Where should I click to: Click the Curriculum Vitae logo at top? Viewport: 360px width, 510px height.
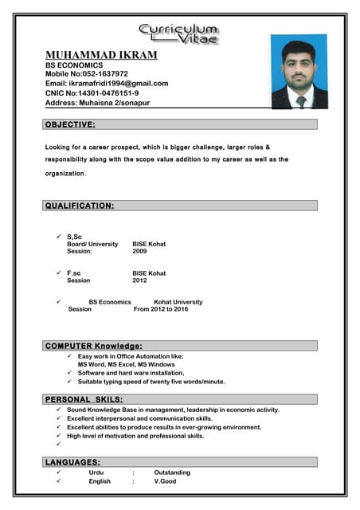[180, 33]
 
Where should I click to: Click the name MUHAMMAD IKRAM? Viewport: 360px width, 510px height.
[101, 55]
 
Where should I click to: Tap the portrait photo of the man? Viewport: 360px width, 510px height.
[299, 72]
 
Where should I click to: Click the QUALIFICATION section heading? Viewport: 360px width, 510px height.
[80, 206]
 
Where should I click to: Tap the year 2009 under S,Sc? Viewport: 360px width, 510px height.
[139, 251]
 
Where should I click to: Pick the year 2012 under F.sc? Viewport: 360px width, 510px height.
[139, 280]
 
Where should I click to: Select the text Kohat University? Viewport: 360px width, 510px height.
[178, 302]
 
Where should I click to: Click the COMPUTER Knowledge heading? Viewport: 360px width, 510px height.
[94, 346]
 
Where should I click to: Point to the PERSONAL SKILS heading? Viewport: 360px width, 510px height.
[84, 398]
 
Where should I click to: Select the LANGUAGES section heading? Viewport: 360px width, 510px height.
[72, 462]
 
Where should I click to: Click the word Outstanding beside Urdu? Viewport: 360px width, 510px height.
[172, 473]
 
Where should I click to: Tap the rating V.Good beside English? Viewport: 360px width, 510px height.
[165, 481]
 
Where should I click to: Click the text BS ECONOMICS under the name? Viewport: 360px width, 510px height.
[74, 65]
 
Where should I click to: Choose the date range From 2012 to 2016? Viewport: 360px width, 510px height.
[161, 309]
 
